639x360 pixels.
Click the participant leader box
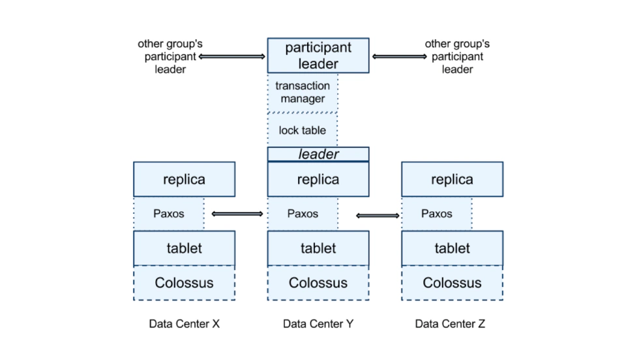click(x=318, y=55)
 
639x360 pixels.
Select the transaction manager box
click(x=303, y=93)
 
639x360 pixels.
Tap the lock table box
click(x=303, y=130)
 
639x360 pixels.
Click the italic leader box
click(x=318, y=155)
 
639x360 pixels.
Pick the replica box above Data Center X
click(x=185, y=179)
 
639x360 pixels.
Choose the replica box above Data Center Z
click(x=452, y=179)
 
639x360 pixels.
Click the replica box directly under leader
click(x=318, y=179)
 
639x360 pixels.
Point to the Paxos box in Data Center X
click(x=169, y=213)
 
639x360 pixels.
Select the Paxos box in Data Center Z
click(x=437, y=213)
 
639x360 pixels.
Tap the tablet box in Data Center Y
click(x=318, y=248)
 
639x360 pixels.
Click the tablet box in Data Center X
click(x=185, y=248)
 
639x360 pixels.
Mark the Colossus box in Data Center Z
click(x=452, y=283)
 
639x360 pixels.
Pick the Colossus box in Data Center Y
click(x=318, y=283)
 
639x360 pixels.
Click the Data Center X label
click(x=185, y=323)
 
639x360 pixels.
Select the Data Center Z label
click(x=451, y=323)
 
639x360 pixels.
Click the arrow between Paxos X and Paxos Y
click(x=237, y=213)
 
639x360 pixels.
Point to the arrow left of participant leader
click(x=231, y=57)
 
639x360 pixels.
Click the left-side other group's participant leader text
click(x=170, y=57)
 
